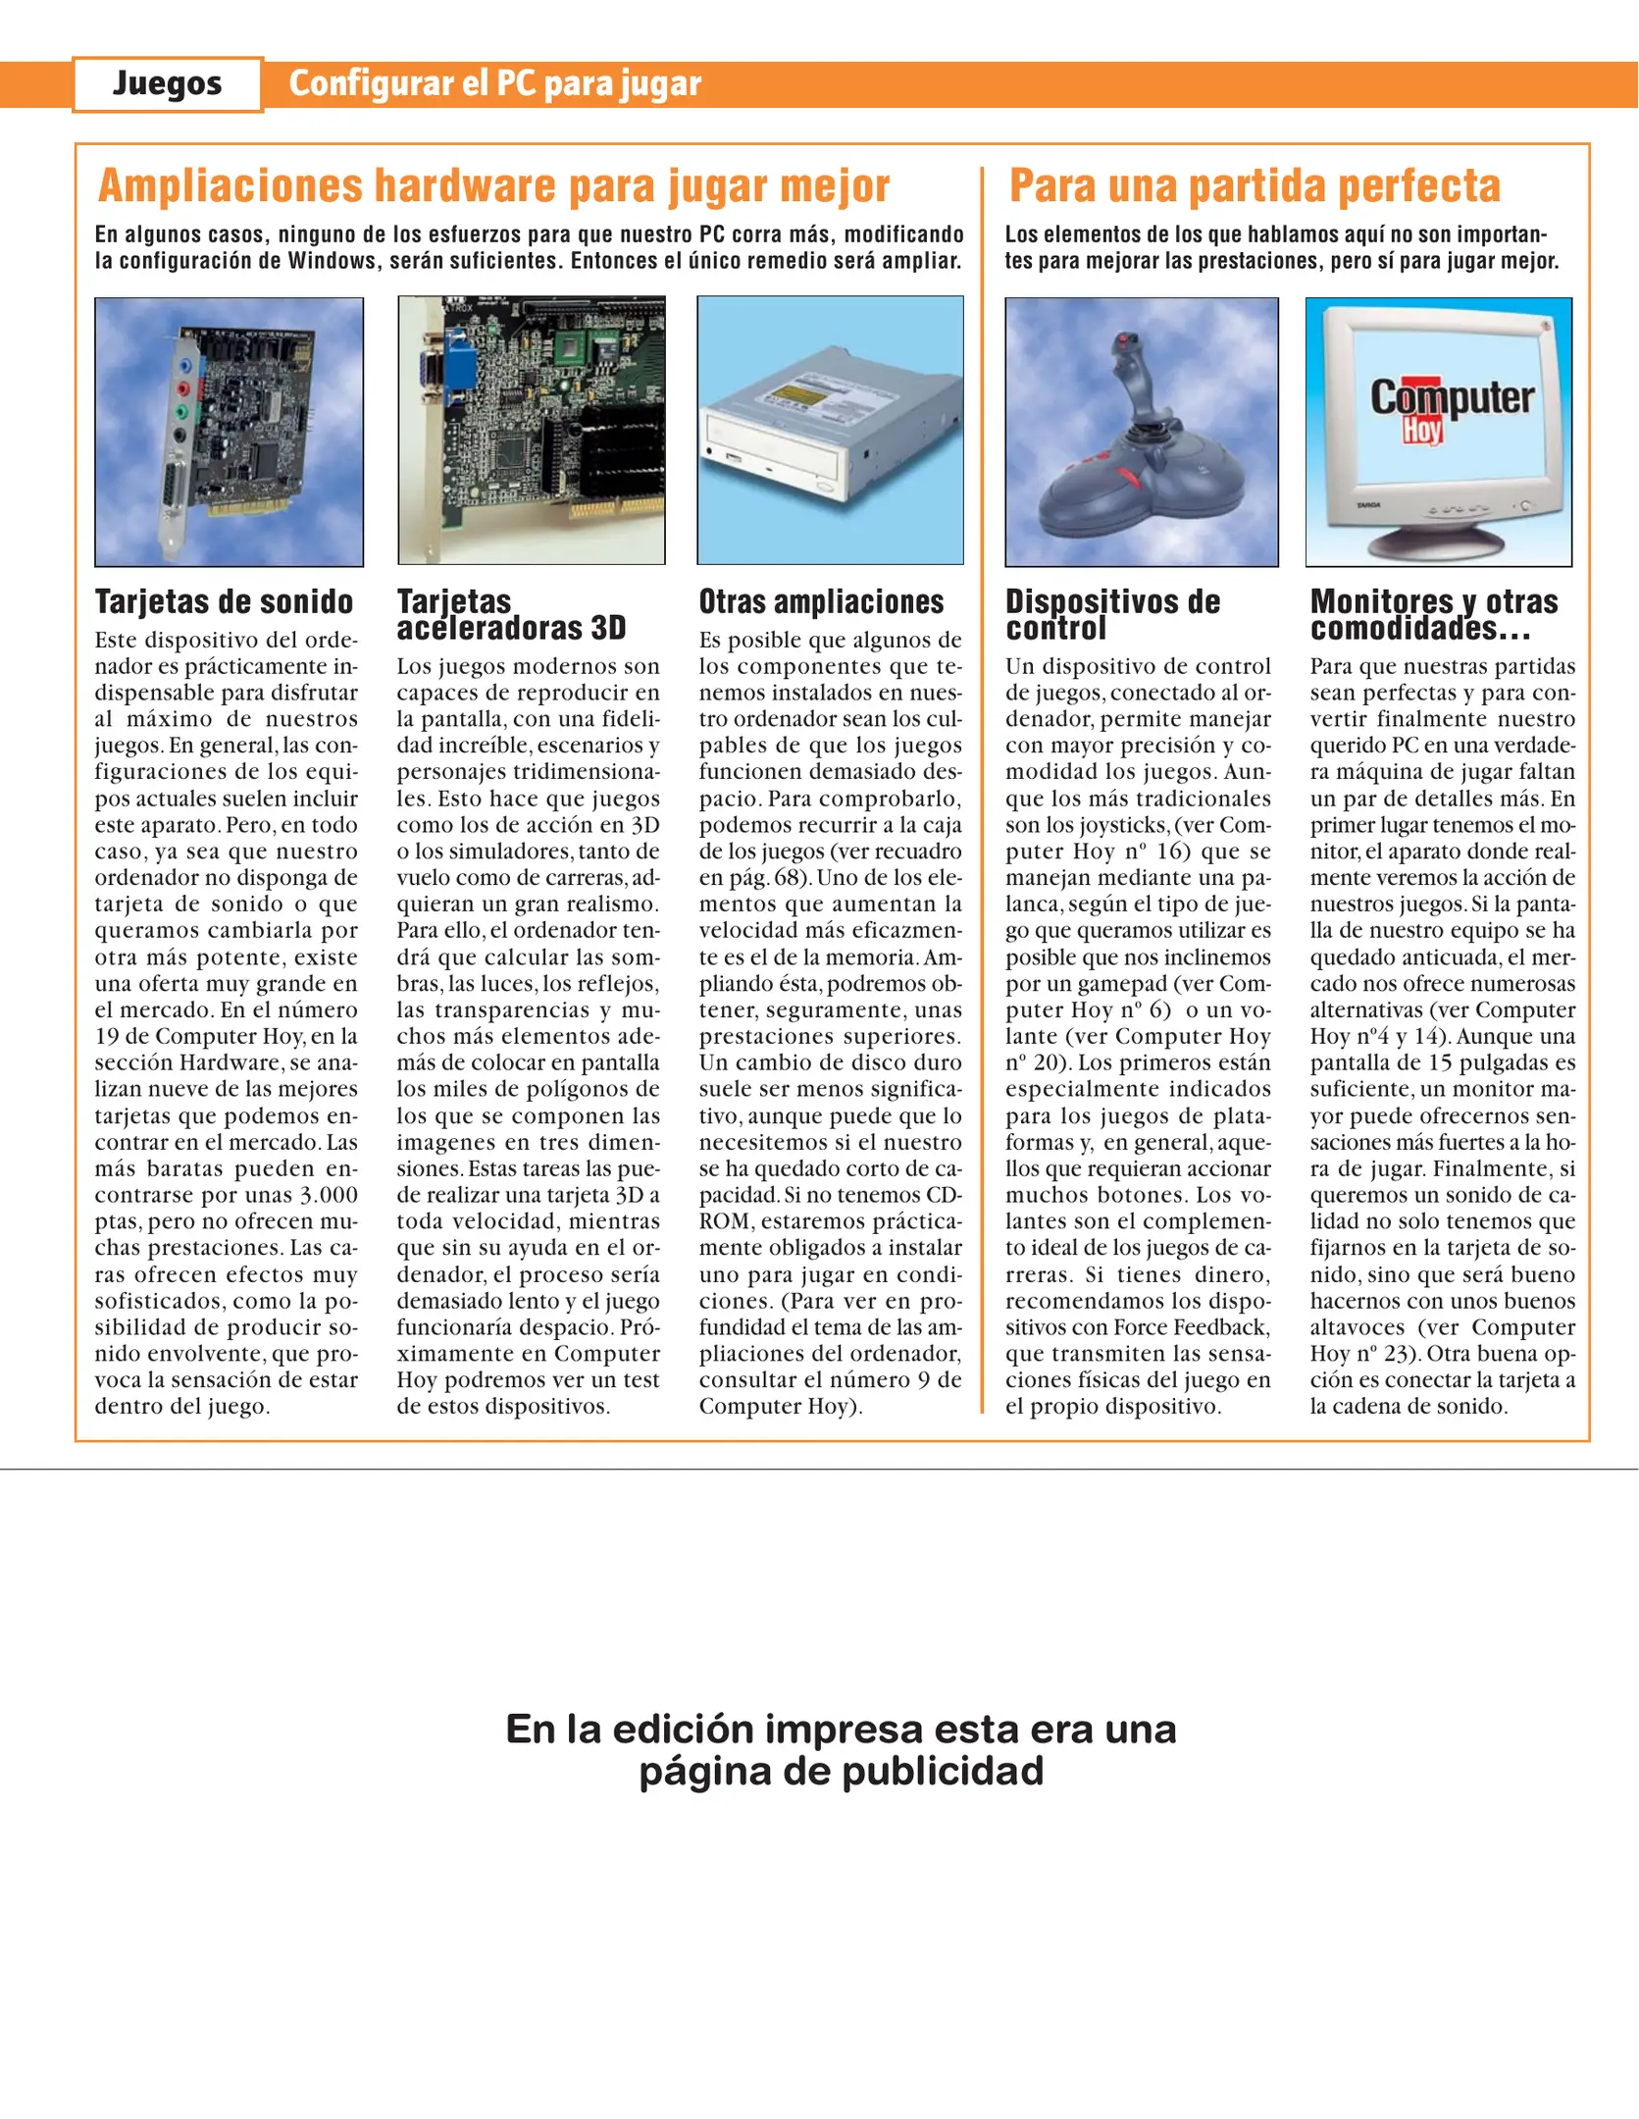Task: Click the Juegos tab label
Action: tap(167, 84)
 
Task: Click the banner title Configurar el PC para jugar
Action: tap(494, 84)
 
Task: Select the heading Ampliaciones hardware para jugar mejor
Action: tap(493, 185)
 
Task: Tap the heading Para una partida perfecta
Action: tap(1255, 185)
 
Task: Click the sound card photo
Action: tap(229, 432)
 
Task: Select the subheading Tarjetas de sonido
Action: tap(224, 601)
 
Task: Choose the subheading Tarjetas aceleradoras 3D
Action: tap(510, 615)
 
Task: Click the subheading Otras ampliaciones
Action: tap(821, 601)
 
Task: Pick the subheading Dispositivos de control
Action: tap(1111, 615)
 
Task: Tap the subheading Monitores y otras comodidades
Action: tap(1434, 615)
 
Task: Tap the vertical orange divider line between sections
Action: tap(982, 785)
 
